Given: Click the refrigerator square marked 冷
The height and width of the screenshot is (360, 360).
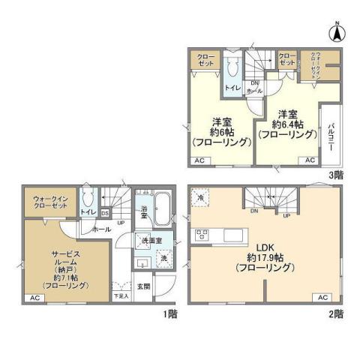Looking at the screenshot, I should click(x=201, y=196).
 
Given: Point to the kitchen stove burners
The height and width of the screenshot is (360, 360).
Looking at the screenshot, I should click(x=201, y=235).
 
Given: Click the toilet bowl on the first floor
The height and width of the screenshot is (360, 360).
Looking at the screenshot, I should click(x=88, y=199).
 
